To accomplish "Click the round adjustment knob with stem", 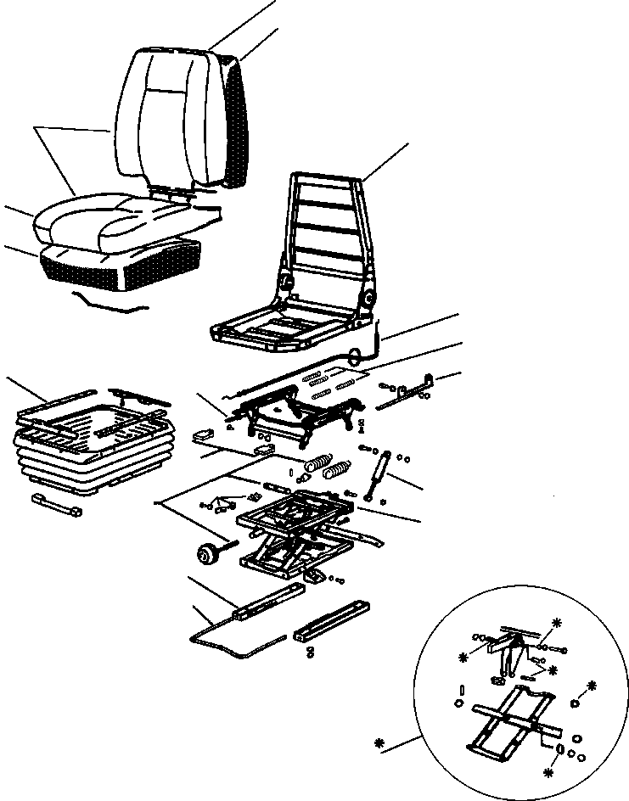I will point(205,554).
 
